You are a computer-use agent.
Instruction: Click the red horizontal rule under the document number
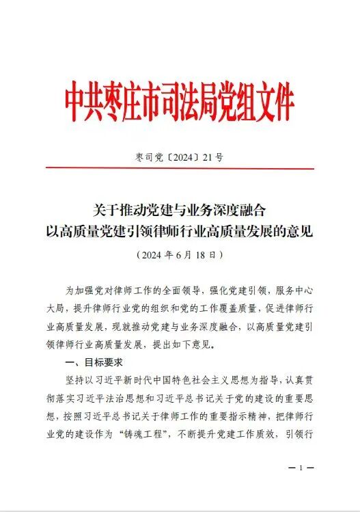(180, 169)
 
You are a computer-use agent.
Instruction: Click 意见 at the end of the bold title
(302, 230)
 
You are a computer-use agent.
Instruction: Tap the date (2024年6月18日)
(180, 254)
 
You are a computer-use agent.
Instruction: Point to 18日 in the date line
(208, 254)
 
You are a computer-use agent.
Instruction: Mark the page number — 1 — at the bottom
(301, 469)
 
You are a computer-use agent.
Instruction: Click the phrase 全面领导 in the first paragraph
(179, 290)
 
